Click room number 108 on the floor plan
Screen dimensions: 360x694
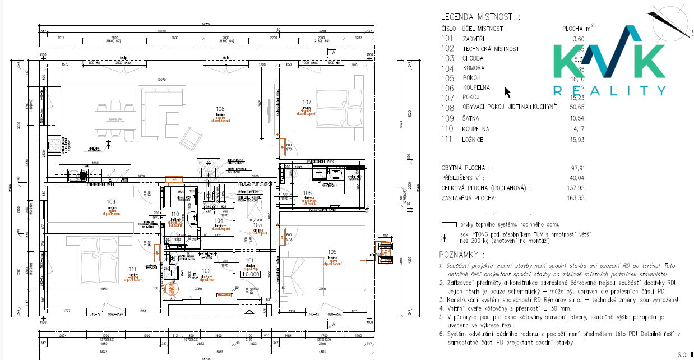click(220, 109)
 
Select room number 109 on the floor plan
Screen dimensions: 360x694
click(110, 202)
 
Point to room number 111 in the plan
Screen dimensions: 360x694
click(132, 269)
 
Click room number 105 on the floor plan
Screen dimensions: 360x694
click(332, 252)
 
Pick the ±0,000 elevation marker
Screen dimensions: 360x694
click(251, 274)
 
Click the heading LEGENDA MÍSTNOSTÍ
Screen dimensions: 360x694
click(480, 17)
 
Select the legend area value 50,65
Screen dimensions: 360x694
click(576, 108)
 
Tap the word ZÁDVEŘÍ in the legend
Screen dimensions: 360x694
click(474, 39)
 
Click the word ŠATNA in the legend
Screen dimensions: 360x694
click(471, 118)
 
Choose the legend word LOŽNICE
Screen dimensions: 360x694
click(474, 140)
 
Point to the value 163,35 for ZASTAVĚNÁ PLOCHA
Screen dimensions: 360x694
click(575, 198)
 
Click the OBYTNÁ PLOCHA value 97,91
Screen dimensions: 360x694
click(577, 168)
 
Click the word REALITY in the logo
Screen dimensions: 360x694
click(609, 91)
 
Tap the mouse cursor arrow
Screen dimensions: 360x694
click(507, 92)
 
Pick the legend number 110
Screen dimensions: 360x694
click(447, 129)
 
